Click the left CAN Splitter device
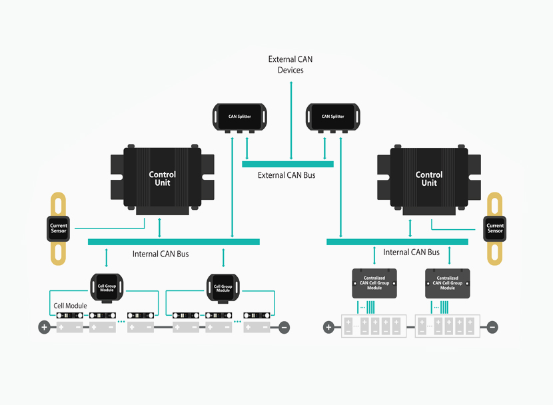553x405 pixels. (x=240, y=117)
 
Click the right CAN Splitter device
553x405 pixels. (x=332, y=117)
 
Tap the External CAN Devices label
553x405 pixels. (x=290, y=65)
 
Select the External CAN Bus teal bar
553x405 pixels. (x=287, y=164)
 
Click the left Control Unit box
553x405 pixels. (x=163, y=179)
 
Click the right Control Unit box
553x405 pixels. (x=429, y=179)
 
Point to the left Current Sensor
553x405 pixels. (x=59, y=228)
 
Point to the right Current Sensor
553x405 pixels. (x=495, y=228)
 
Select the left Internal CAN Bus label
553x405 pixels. (x=161, y=254)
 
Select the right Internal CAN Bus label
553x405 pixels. (x=411, y=252)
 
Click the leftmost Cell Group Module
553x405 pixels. (x=107, y=288)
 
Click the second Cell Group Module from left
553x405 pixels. (x=223, y=288)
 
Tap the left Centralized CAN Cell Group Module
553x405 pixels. (x=374, y=283)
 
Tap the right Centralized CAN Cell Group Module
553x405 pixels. (x=447, y=283)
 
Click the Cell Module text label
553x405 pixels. (x=70, y=306)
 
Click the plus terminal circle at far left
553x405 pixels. (x=44, y=327)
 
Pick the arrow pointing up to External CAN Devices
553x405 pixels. (x=290, y=120)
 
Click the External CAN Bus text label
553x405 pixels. (x=286, y=175)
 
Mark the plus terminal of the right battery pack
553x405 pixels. (x=328, y=327)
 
